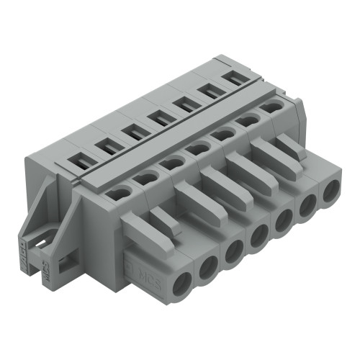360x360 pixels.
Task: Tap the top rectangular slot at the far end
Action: pos(232,76)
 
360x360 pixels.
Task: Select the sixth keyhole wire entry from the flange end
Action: pos(248,120)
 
